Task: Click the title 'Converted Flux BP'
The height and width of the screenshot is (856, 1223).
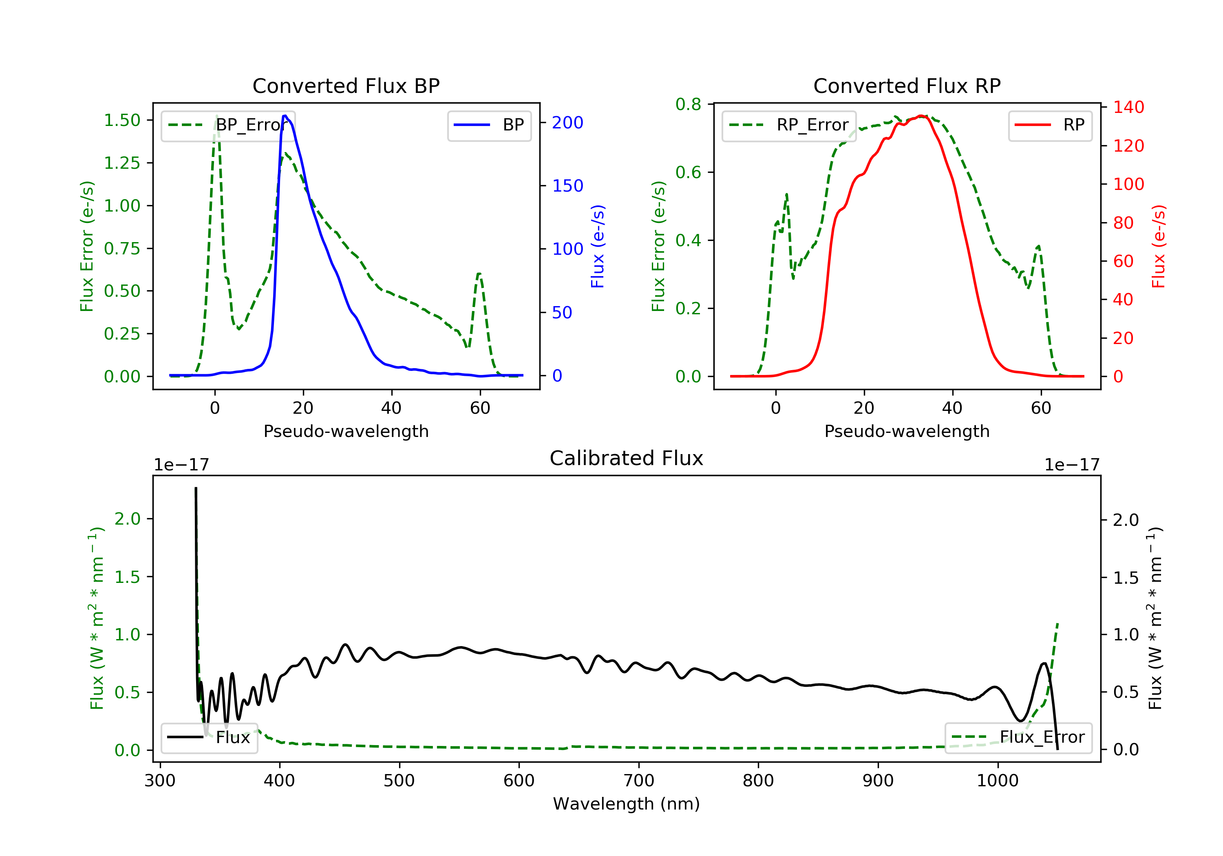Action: coord(346,86)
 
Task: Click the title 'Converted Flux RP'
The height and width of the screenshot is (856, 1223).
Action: coord(907,86)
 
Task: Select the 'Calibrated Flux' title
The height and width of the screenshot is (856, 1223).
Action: coord(627,458)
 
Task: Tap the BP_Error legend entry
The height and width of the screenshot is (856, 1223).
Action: coord(228,125)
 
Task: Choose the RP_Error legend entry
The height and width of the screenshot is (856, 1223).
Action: coord(789,125)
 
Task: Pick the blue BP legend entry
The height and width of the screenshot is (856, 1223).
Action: coord(489,125)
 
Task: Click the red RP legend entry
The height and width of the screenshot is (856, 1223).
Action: coord(1050,125)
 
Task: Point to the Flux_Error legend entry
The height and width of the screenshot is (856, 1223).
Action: coord(1018,737)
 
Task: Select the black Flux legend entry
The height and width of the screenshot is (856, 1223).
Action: coord(209,737)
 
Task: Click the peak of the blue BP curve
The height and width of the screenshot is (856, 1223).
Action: coord(285,116)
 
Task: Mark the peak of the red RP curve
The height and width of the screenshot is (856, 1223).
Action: coord(921,116)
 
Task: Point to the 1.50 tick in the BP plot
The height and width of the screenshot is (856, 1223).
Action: coord(122,120)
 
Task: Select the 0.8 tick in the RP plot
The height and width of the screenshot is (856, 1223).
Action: coord(688,104)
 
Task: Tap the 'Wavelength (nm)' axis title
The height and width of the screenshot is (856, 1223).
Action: coord(627,804)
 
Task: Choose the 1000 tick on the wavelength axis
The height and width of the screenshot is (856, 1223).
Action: coord(998,781)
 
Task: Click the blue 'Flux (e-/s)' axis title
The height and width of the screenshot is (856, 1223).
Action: coord(598,247)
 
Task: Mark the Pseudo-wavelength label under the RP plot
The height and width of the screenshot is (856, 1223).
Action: coord(907,431)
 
